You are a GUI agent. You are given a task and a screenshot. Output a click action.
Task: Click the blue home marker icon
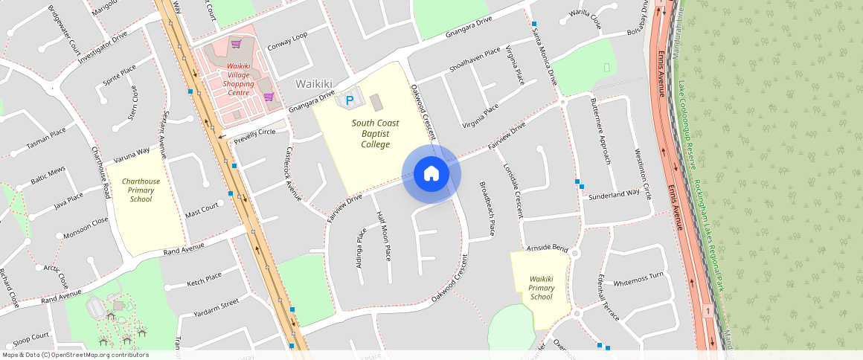coord(431,174)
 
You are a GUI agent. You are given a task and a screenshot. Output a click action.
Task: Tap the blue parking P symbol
coord(347,100)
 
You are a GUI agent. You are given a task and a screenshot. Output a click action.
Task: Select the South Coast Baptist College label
coord(376,133)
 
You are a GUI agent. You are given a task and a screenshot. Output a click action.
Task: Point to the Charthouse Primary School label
coord(141,190)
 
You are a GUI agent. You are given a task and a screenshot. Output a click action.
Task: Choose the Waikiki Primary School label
coord(542,288)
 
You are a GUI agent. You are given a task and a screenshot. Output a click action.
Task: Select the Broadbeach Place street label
coord(487,209)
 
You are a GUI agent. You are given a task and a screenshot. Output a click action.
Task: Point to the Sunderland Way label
coord(614,193)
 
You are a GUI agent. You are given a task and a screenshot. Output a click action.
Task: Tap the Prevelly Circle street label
coord(254,136)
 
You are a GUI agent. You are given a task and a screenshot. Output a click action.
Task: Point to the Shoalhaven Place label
coord(475,60)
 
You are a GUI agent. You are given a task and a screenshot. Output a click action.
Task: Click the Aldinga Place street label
coord(362,246)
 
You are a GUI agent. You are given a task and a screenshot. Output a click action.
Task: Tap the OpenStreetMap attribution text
coord(74,355)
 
